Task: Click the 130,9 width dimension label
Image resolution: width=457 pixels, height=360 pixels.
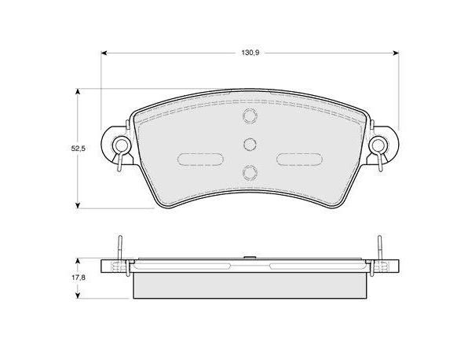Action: pyautogui.click(x=250, y=53)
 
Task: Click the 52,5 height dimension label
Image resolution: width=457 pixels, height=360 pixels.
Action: pyautogui.click(x=78, y=149)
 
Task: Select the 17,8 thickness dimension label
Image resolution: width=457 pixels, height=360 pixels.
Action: pyautogui.click(x=79, y=277)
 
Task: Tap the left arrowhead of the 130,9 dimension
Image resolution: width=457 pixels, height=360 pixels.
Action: pyautogui.click(x=104, y=53)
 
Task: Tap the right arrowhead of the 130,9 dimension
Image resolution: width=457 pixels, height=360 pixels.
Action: pyautogui.click(x=396, y=53)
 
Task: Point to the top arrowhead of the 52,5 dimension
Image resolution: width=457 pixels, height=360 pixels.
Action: pyautogui.click(x=78, y=92)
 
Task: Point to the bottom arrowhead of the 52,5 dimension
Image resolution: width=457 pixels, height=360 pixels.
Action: pyautogui.click(x=78, y=205)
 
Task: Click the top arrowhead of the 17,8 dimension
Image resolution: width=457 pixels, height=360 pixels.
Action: pyautogui.click(x=78, y=261)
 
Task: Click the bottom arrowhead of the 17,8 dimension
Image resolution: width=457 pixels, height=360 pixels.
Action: pyautogui.click(x=78, y=296)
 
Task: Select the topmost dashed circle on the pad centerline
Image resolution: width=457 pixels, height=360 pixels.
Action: pyautogui.click(x=250, y=116)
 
